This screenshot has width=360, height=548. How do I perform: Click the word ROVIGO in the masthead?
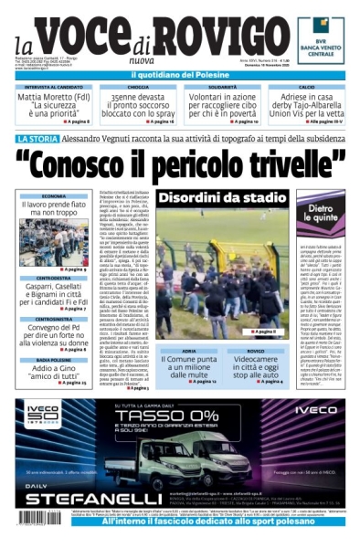pos(222,34)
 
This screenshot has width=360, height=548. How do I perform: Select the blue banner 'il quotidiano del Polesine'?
pos(179,72)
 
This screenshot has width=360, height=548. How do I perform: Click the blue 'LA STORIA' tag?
pos(38,138)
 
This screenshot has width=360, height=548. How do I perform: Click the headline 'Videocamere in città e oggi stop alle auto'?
pos(256,367)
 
